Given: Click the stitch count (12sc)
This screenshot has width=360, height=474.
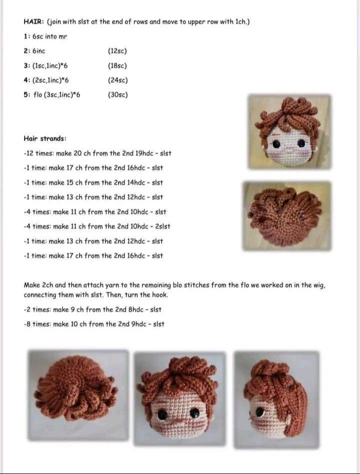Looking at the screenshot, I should [x=117, y=51].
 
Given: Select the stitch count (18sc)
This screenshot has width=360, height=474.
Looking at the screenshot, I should [x=117, y=65].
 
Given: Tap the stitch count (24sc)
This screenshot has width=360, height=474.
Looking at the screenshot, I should [x=117, y=80].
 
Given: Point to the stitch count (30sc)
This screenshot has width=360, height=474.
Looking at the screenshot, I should [x=117, y=94].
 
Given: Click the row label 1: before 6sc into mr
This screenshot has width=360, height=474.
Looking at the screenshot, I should [x=26, y=36].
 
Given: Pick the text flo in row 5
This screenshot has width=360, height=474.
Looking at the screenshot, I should [x=38, y=94].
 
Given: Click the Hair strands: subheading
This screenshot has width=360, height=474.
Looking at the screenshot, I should [x=45, y=138].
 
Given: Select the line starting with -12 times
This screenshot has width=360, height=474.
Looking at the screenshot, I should [x=97, y=153].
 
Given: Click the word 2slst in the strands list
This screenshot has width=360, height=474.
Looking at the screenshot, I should [x=163, y=226].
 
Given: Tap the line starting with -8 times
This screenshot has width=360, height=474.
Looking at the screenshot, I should [x=94, y=324].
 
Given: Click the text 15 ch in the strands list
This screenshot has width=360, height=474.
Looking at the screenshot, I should [x=77, y=182].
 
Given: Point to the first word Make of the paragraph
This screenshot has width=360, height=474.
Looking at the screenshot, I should [x=31, y=285].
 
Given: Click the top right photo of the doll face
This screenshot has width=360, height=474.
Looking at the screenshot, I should [x=290, y=131].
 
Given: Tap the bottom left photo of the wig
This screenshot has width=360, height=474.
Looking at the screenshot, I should [x=78, y=395].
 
